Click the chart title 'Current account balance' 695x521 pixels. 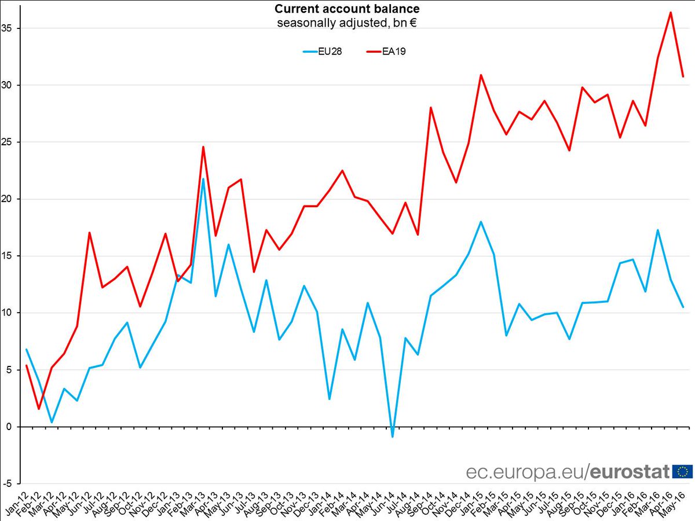347,9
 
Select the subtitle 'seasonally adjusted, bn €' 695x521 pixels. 347,23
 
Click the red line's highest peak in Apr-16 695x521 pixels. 670,12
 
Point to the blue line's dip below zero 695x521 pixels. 392,436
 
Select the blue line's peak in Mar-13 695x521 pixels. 203,179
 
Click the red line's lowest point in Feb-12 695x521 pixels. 39,409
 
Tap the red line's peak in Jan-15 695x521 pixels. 481,75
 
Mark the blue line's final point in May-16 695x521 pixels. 683,307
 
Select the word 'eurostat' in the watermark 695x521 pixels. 630,472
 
